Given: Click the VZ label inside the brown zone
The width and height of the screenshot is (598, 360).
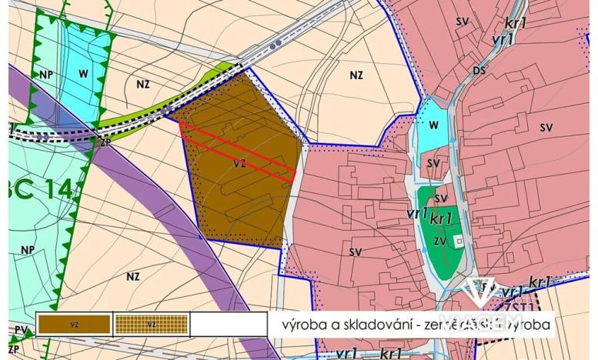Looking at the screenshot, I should [240, 163].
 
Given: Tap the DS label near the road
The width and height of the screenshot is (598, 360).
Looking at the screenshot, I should [479, 71].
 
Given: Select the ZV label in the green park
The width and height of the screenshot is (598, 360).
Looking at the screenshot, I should [440, 241].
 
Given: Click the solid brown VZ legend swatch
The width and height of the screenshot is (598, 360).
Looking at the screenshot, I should [74, 325].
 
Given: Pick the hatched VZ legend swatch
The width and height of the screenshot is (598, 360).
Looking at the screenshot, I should [152, 325].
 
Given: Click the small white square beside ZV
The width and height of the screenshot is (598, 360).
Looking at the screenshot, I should [459, 240].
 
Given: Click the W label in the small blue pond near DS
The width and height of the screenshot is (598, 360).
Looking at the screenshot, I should [433, 125].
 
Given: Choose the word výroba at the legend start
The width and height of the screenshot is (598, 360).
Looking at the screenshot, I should [296, 325].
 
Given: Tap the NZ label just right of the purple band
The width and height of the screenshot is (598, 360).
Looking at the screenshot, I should [133, 276].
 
